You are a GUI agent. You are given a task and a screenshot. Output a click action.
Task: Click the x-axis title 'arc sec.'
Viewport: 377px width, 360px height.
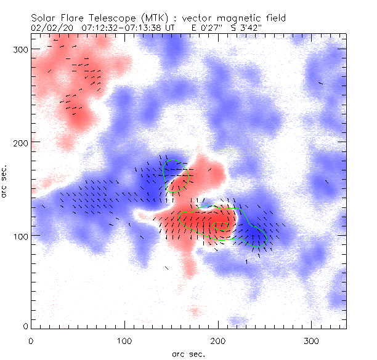point(188,353)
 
